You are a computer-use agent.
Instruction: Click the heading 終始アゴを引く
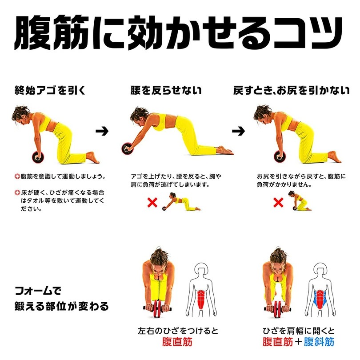49,91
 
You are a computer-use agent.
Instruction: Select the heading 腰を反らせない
166,91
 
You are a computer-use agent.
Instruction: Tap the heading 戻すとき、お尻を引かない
292,91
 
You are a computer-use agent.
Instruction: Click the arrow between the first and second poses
103,131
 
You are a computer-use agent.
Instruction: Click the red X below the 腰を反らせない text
152,203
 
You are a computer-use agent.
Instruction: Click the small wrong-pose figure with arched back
181,202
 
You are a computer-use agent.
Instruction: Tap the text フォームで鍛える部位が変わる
60,299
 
